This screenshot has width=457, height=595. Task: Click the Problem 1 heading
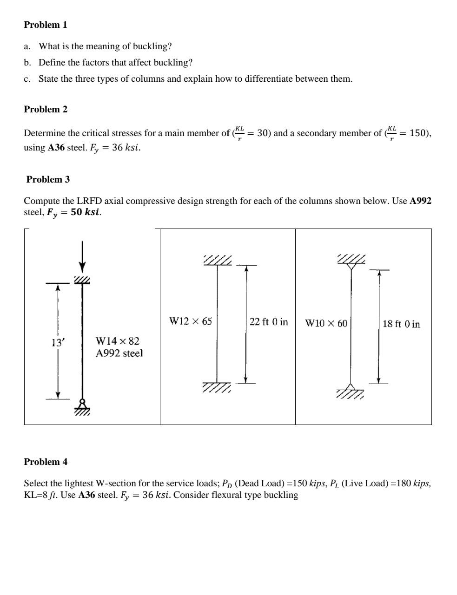46,25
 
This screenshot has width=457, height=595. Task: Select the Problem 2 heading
46,109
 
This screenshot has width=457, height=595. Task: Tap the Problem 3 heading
48,179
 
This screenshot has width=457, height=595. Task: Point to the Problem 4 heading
46,462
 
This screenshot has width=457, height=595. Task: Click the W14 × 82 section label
118,341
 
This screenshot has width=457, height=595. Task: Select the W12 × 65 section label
191,321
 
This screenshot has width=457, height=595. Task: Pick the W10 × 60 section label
326,323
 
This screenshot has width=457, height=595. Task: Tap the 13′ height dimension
58,343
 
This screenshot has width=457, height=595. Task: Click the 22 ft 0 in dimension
269,321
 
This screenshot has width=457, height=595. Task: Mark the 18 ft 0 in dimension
401,324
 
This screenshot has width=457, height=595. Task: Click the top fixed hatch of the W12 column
217,260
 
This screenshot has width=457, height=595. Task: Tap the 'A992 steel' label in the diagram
119,353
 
